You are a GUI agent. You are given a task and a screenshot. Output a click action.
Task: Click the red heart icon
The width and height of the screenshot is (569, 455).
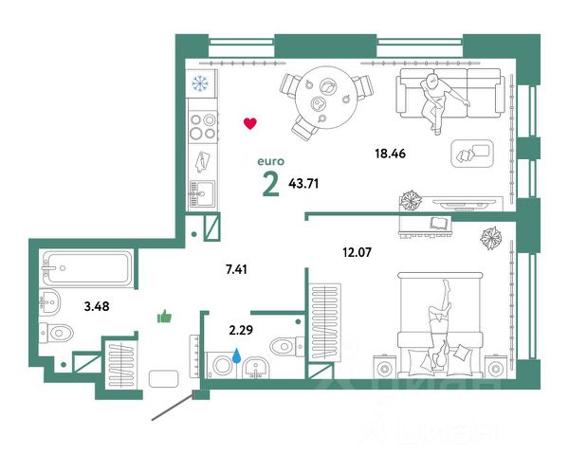[x=250, y=123]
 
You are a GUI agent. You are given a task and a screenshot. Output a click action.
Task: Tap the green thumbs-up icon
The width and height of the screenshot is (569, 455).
[x=164, y=317]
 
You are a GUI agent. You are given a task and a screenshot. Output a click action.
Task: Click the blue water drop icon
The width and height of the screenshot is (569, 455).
[x=236, y=356]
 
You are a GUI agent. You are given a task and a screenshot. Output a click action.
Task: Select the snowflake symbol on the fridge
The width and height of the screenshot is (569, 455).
[x=200, y=83]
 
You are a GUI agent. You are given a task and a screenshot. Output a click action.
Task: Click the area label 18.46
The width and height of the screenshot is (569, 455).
[x=390, y=154]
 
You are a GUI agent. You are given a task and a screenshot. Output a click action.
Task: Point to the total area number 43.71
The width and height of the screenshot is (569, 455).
[x=303, y=184]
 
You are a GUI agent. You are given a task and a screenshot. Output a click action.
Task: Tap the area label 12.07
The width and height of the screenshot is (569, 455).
[x=358, y=252]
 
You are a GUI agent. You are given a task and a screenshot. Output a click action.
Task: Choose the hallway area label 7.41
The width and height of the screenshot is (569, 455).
[x=236, y=269]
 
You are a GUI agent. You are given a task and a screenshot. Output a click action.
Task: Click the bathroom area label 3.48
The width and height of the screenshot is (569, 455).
[x=97, y=306]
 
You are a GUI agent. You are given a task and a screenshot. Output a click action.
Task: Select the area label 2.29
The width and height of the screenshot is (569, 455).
[x=241, y=330]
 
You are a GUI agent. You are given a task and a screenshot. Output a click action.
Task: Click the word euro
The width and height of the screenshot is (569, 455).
[x=270, y=161]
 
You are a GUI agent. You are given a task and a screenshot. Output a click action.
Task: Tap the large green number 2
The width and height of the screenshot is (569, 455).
[x=271, y=184]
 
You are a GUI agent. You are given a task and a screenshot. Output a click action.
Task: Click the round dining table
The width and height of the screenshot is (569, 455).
[x=326, y=98]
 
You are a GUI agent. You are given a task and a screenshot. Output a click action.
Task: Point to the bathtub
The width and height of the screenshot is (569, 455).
[x=87, y=268]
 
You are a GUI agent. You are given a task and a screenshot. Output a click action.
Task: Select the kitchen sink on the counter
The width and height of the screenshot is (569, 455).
[x=202, y=193]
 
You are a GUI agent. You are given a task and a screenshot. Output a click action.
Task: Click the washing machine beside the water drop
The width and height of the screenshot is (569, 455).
[x=222, y=365]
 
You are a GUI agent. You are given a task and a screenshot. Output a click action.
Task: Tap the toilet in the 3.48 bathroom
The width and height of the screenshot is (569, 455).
[x=57, y=333]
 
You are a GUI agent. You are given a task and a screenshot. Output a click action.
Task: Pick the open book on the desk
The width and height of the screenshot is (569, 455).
[x=441, y=223]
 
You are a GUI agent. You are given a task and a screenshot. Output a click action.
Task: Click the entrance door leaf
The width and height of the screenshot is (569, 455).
[x=172, y=408]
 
